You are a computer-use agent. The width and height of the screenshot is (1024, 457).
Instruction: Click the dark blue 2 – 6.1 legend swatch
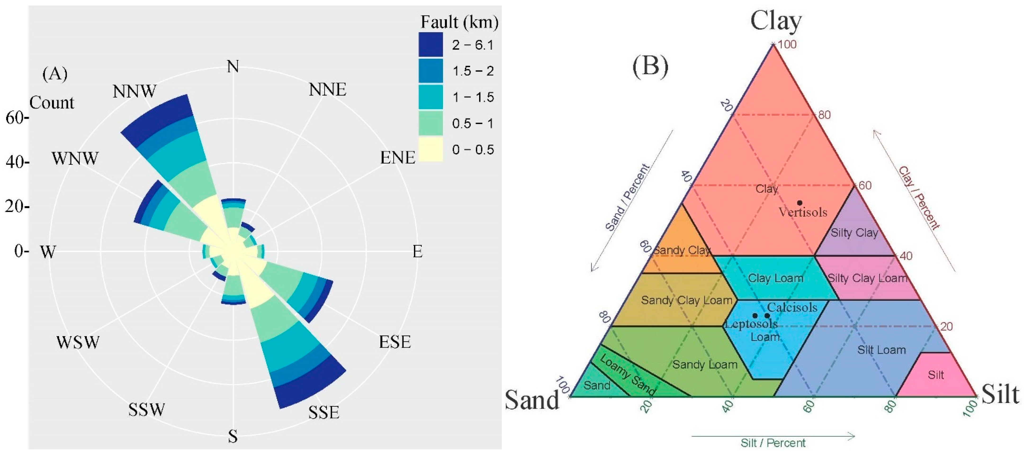point(431,45)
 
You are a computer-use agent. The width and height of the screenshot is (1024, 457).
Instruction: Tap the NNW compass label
point(135,91)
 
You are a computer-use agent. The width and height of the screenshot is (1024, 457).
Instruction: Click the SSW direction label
point(146,410)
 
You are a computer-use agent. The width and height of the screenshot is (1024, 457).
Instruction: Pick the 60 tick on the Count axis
point(15,118)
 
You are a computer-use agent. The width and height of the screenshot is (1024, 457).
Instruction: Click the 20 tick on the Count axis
point(15,206)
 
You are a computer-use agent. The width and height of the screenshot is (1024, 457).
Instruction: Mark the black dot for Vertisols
point(800,203)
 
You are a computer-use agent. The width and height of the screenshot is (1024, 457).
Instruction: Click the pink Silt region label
point(936,375)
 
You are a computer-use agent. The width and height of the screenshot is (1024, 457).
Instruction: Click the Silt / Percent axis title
point(773,443)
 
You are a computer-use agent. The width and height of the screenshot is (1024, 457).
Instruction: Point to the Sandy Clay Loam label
point(687,300)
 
